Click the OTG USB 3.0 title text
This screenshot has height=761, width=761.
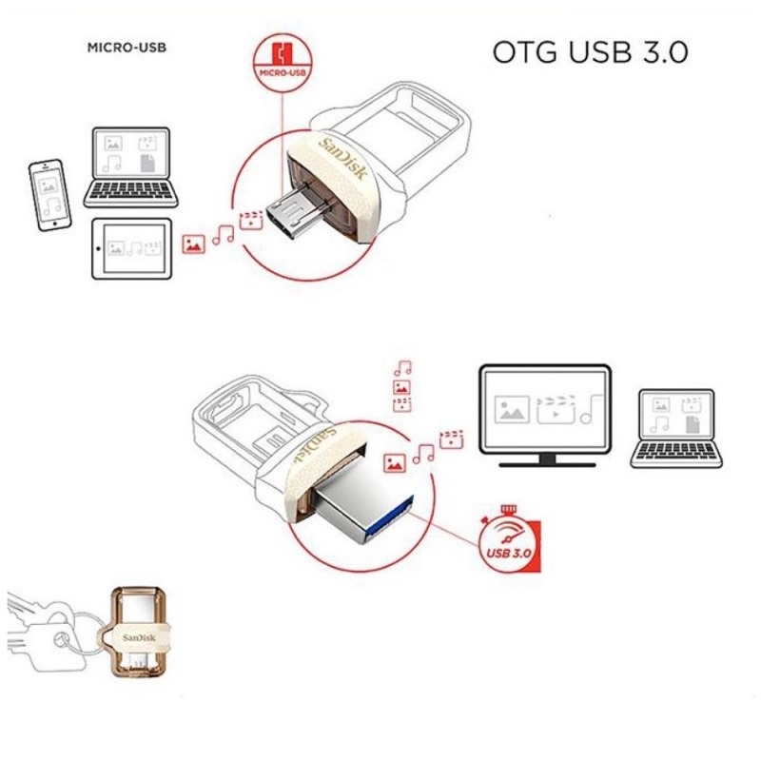tap(590, 52)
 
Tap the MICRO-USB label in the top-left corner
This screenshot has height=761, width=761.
tap(127, 47)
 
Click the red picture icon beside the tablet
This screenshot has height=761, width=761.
tap(194, 242)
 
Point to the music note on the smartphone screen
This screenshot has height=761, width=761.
tap(54, 204)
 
